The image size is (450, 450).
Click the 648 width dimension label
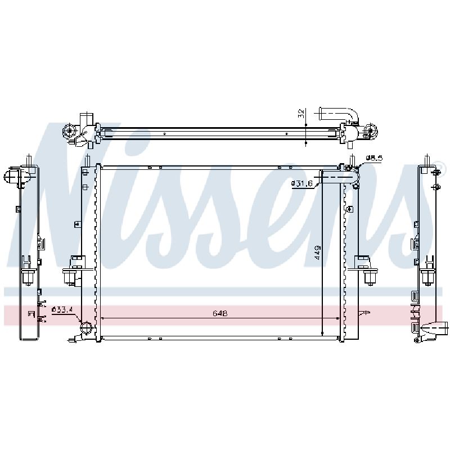(220, 313)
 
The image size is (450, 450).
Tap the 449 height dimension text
(318, 253)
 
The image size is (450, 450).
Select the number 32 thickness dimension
(301, 114)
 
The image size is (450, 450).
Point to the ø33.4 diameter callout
(62, 310)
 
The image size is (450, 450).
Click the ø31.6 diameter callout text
(301, 183)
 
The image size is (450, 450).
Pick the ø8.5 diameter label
(374, 158)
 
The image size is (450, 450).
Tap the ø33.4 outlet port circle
(87, 328)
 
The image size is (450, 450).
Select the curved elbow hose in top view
(339, 115)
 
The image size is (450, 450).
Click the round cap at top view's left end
(69, 131)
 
